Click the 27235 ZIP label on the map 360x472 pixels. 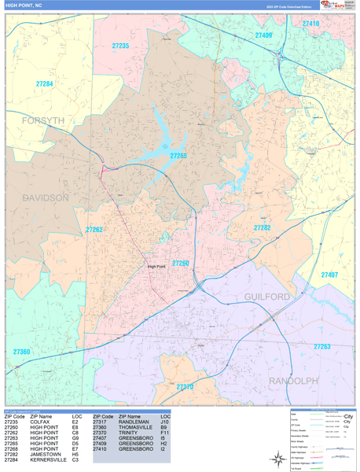(x=120, y=46)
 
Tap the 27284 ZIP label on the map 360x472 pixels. (x=45, y=83)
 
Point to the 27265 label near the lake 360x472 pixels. (x=179, y=156)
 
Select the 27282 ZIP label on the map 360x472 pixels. (x=263, y=227)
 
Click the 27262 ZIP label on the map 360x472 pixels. (x=94, y=230)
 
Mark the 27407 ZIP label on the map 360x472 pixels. (x=329, y=275)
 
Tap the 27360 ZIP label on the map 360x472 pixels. (x=21, y=352)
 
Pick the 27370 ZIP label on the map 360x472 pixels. (x=185, y=387)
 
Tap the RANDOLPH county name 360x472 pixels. (x=293, y=380)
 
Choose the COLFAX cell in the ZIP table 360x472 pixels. (x=41, y=422)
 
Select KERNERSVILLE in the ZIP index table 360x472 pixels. (x=48, y=459)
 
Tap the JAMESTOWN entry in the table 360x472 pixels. (x=46, y=454)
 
